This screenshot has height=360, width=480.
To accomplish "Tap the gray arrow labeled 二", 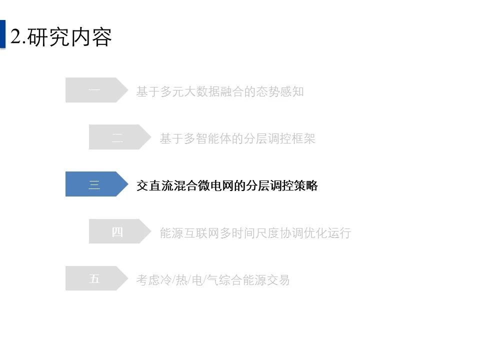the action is (x=120, y=137).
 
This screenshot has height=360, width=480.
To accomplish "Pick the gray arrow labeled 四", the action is (x=120, y=231).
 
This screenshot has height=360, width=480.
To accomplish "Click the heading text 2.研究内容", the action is (x=61, y=37).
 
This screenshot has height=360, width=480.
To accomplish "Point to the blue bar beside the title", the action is (x=3, y=34).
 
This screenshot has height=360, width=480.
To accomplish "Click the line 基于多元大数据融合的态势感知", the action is (x=220, y=91).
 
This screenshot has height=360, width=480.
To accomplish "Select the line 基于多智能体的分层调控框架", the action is (x=237, y=138).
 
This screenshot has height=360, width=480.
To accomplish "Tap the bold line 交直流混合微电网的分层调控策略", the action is (x=227, y=185).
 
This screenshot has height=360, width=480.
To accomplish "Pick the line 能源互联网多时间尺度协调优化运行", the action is (x=255, y=233).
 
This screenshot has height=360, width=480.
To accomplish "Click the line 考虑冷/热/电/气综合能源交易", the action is (x=213, y=280).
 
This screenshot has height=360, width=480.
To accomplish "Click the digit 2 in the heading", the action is (x=15, y=36).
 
